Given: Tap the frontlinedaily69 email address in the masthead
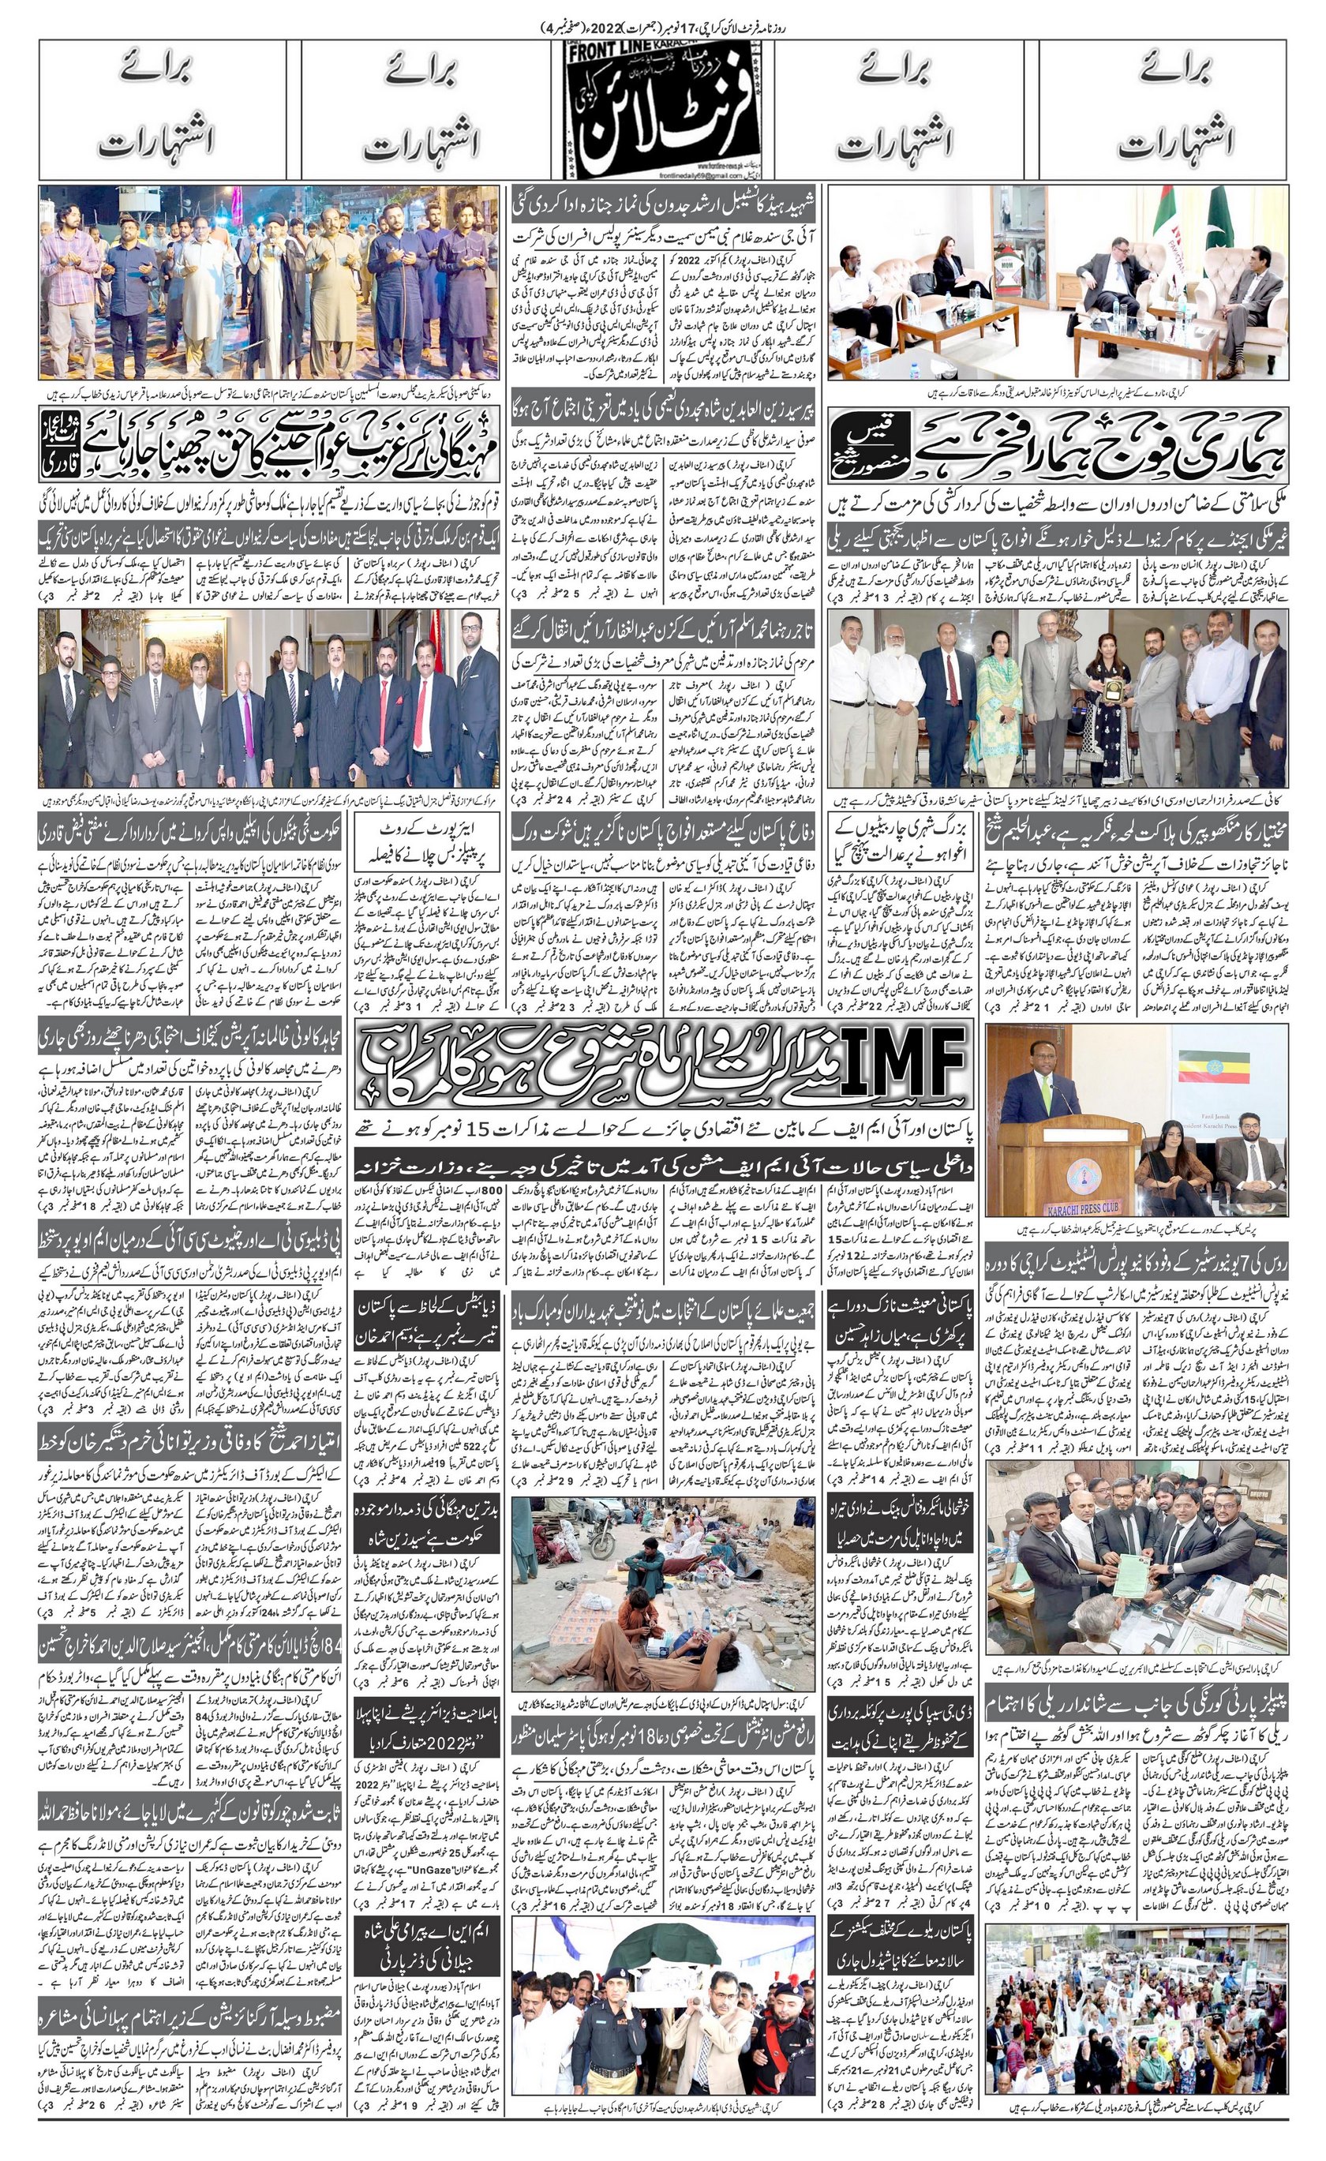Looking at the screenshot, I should (x=623, y=174).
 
